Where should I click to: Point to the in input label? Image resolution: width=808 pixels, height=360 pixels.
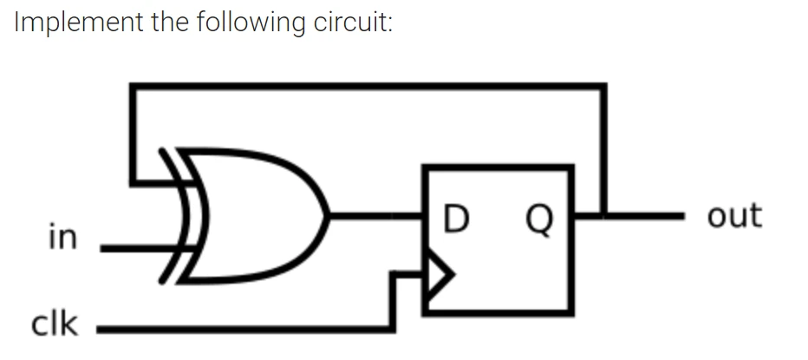point(62,236)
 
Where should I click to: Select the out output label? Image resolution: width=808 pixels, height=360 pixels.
point(733,215)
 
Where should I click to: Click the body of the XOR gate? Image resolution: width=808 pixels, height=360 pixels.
point(251,215)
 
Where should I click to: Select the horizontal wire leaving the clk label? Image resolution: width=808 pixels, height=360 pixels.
point(243,329)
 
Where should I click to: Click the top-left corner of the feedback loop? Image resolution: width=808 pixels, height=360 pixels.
point(133,86)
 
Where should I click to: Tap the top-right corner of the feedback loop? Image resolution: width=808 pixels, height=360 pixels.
point(603,86)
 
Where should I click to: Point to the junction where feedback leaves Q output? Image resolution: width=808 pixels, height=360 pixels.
point(603,212)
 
